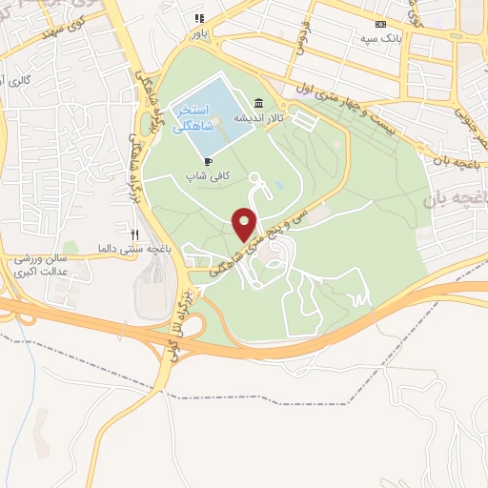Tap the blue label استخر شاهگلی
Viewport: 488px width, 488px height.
pos(193,120)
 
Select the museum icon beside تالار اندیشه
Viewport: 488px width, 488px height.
pos(258,105)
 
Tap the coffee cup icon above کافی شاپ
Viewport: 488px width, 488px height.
pos(207,162)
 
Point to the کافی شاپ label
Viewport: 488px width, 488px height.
pos(208,177)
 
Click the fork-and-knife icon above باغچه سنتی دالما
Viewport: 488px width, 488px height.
pos(135,234)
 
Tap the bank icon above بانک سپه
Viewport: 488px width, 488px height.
pos(381,24)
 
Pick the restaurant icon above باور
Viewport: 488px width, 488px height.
pos(199,18)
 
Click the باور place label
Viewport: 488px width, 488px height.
pos(198,31)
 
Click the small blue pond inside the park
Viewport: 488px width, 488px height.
pos(278,183)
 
